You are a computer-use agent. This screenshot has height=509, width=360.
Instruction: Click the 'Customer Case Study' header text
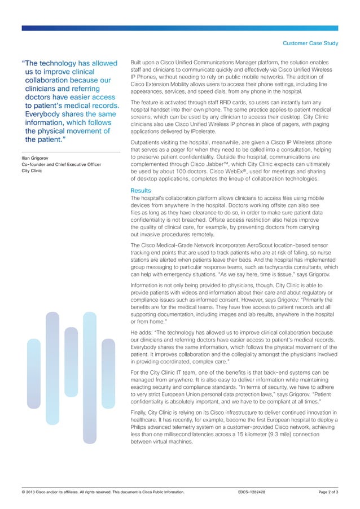coord(310,43)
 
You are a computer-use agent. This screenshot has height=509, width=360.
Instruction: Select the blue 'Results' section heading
coord(141,191)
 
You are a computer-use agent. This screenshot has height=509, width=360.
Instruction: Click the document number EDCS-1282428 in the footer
coord(252,493)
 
